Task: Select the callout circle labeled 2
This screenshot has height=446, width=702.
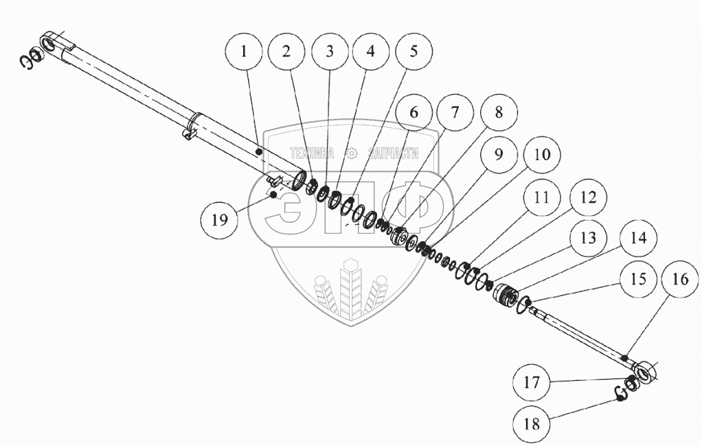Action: (286, 52)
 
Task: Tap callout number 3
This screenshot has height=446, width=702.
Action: (329, 52)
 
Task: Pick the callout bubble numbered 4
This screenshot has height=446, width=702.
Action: (370, 52)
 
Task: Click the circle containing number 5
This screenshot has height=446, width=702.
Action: (413, 52)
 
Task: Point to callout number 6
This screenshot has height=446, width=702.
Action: (414, 112)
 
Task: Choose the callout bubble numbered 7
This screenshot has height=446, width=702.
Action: (456, 112)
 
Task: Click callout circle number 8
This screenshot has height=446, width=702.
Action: (499, 113)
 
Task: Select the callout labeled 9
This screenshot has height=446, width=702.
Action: (499, 154)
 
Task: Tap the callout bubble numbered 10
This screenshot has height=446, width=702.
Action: (541, 154)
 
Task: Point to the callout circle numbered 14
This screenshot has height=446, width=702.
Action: (629, 240)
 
